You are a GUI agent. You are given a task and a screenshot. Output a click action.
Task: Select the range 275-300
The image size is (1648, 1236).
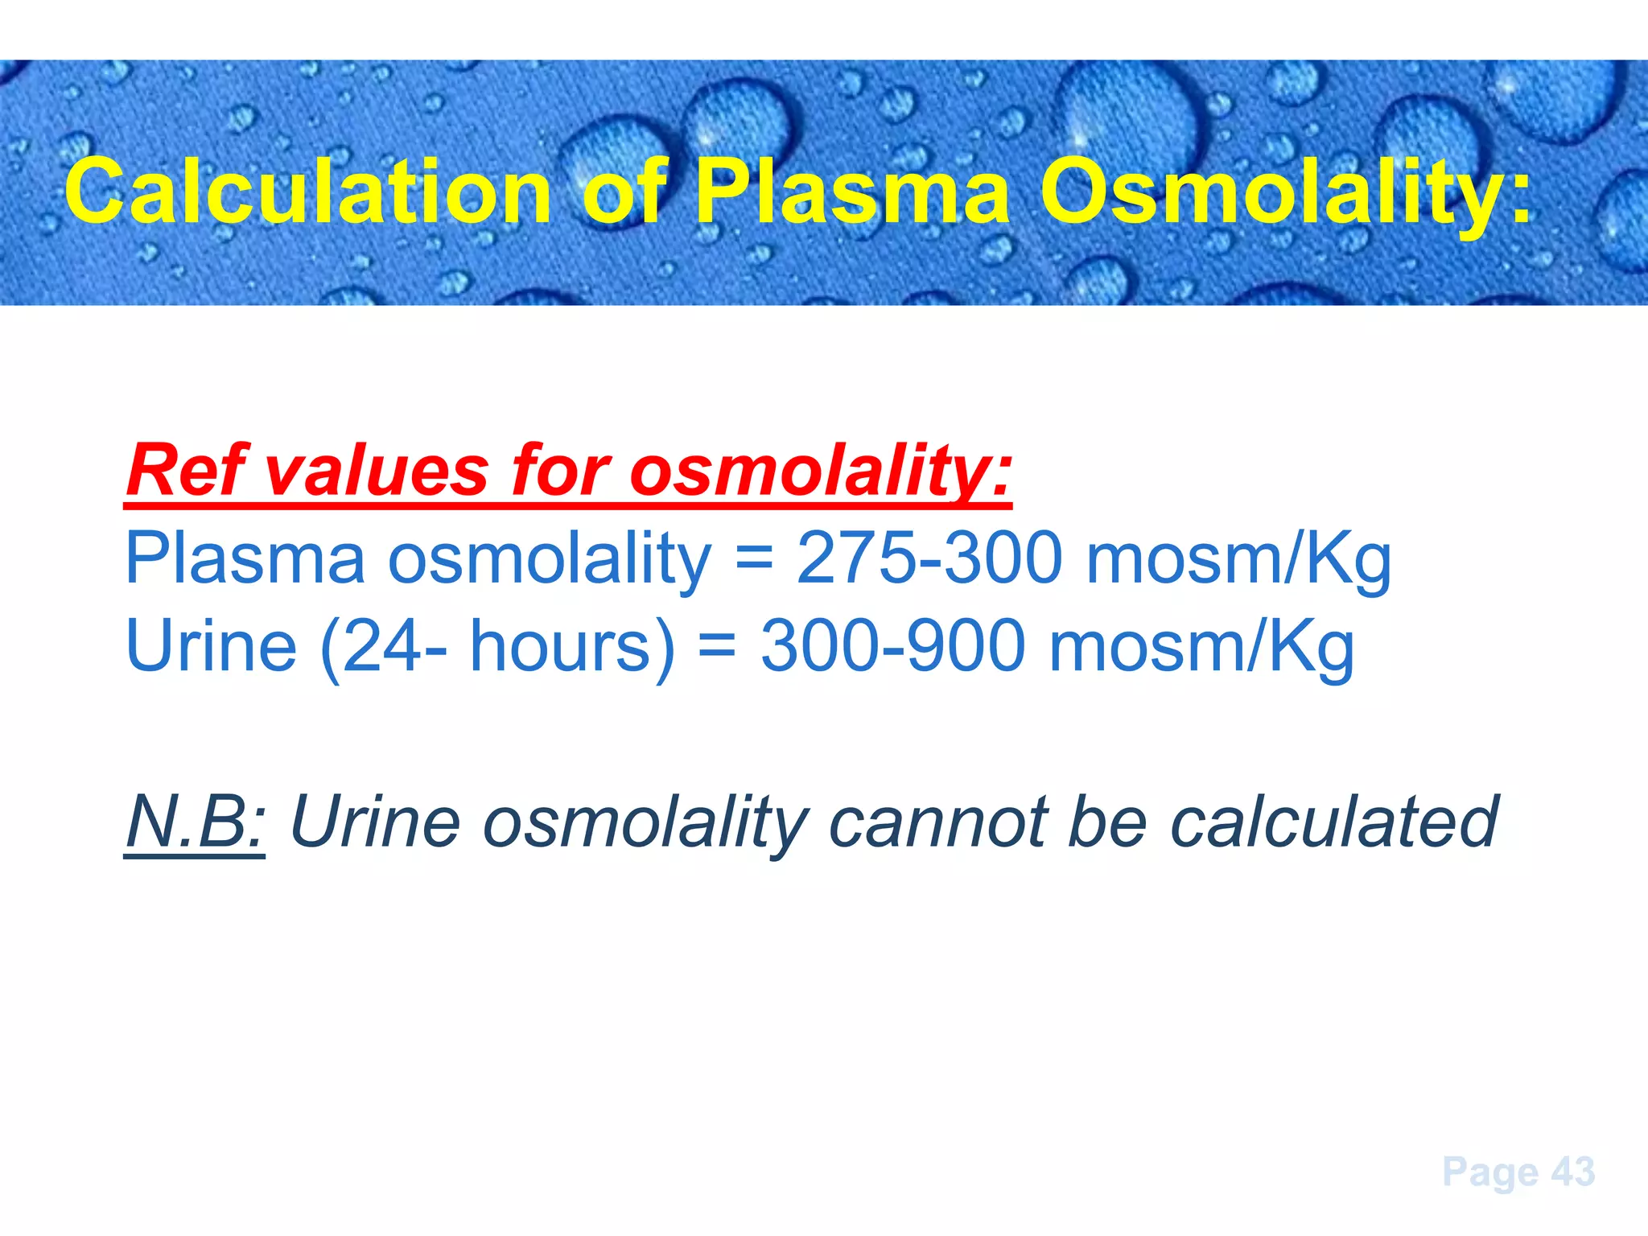[929, 558]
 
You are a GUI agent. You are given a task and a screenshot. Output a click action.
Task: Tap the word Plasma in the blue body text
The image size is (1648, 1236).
[245, 558]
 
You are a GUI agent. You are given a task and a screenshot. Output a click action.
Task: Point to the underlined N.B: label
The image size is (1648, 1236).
[195, 822]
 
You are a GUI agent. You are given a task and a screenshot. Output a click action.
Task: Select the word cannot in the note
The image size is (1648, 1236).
[938, 823]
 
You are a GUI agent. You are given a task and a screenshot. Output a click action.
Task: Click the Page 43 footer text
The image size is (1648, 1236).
[1518, 1172]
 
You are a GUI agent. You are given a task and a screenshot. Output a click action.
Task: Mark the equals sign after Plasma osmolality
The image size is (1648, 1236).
[754, 558]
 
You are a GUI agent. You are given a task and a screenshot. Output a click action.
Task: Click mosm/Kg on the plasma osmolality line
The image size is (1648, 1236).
[1238, 560]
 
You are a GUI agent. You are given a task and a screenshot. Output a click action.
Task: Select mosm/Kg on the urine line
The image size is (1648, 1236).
[1202, 648]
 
